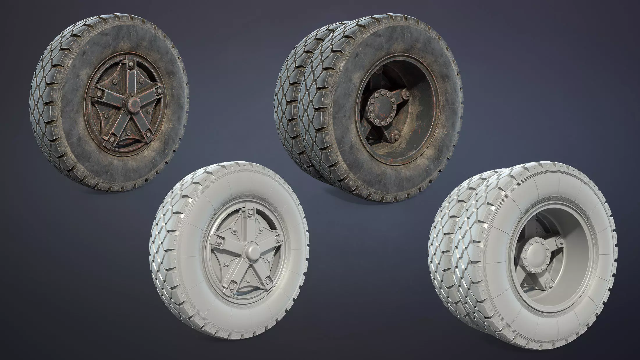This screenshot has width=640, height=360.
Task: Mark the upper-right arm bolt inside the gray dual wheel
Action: [559, 243]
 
